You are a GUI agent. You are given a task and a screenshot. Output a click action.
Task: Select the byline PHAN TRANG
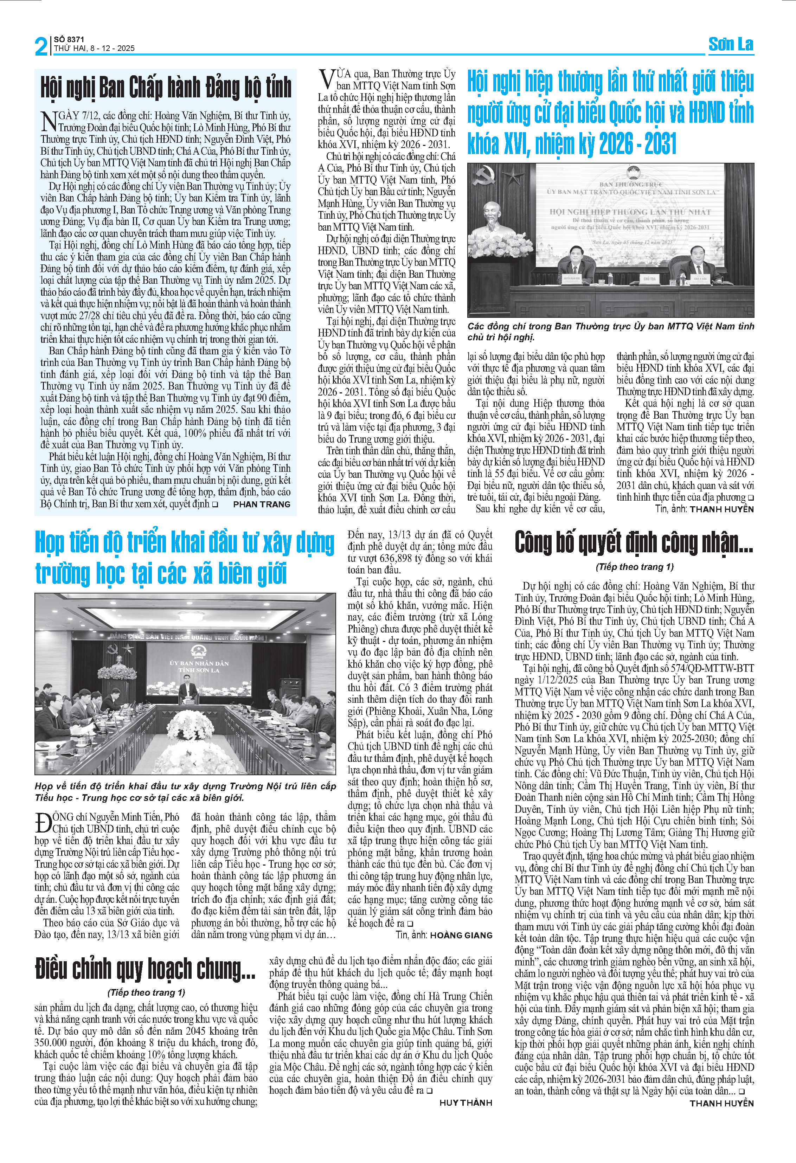coord(262,505)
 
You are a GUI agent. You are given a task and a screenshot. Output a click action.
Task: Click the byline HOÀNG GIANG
coord(461,935)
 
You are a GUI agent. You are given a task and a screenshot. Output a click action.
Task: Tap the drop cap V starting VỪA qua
coord(326,79)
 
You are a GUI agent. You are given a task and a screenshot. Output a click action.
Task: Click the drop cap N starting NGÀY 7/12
coord(49,122)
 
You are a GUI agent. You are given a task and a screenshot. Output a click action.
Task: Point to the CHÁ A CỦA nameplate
coord(700,278)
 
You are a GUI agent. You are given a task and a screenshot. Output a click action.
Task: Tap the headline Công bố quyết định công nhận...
coord(634,543)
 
